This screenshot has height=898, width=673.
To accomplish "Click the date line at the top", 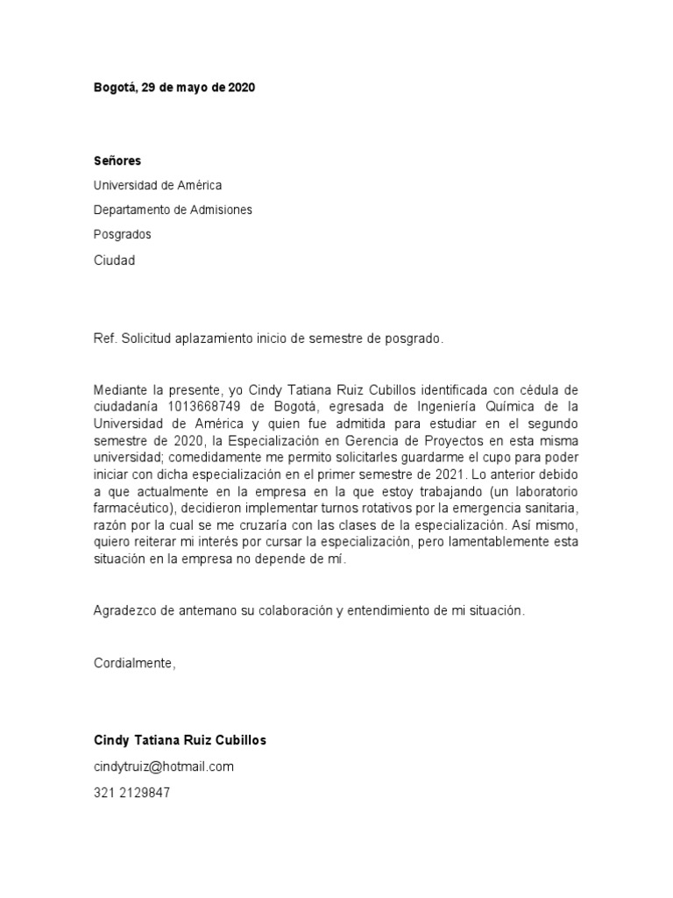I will (174, 88).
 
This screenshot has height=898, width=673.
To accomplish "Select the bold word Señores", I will (117, 160).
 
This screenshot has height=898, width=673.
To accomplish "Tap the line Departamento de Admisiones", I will (173, 210).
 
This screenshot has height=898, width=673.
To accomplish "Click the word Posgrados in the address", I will (123, 234).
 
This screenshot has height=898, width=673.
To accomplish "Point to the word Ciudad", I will (115, 260).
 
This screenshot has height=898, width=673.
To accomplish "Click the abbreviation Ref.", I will (105, 339).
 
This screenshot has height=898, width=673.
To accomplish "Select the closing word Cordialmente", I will (134, 662).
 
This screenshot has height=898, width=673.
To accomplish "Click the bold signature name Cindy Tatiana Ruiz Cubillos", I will (180, 740).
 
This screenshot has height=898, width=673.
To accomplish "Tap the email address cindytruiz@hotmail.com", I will (164, 766).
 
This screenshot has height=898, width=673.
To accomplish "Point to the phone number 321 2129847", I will (132, 792).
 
